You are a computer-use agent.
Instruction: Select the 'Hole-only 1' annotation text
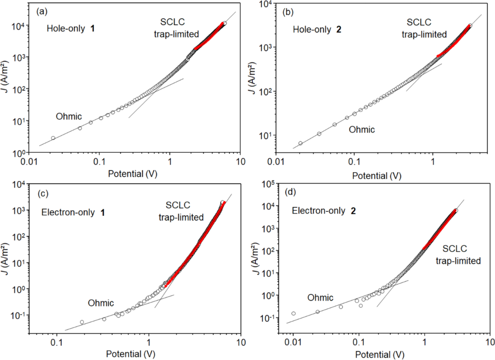coord(71,28)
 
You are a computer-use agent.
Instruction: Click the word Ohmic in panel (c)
coord(101,303)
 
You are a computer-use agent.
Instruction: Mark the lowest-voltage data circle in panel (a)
coord(53,138)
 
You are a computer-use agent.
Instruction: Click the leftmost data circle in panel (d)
coord(293,314)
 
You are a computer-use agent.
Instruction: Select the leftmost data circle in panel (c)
coord(82,322)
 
